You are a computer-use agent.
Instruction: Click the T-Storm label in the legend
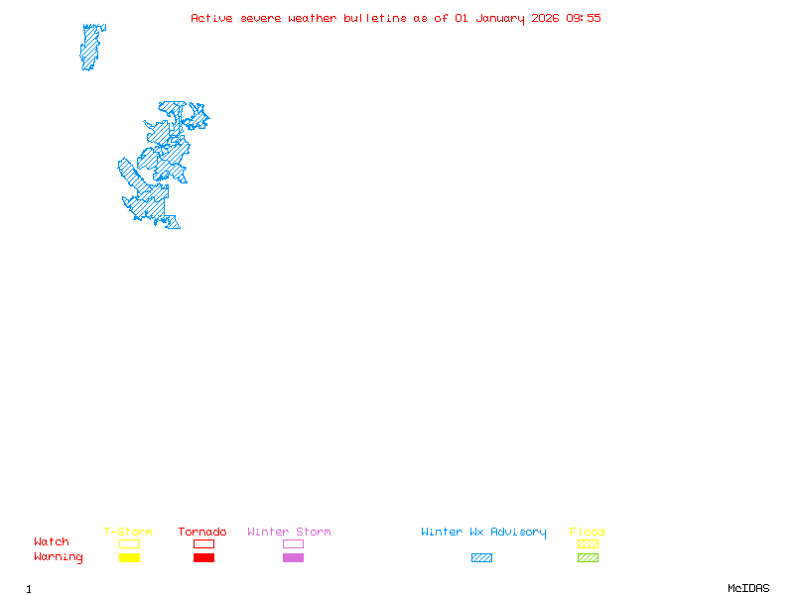(x=128, y=533)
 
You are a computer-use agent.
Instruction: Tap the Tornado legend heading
(x=202, y=533)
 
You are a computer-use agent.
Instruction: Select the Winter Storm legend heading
(x=289, y=533)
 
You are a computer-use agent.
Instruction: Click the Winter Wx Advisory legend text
(x=483, y=533)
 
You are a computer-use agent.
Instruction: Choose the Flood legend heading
(x=588, y=533)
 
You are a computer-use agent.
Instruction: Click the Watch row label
(x=52, y=542)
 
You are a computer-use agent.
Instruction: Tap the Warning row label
(x=59, y=557)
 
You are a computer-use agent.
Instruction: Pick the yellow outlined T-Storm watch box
(x=129, y=543)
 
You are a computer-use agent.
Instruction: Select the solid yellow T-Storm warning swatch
(x=129, y=558)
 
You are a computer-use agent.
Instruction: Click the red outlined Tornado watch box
(x=203, y=543)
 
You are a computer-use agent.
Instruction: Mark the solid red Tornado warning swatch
(x=203, y=558)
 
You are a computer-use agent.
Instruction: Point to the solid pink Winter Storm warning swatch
(x=293, y=558)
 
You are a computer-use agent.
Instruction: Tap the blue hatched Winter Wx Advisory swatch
(x=481, y=558)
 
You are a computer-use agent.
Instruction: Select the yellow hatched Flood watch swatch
(x=588, y=543)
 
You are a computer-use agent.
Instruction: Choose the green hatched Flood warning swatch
(x=588, y=558)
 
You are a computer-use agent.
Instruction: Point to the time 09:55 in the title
(x=584, y=18)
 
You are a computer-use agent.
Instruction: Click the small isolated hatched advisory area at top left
(x=92, y=47)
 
